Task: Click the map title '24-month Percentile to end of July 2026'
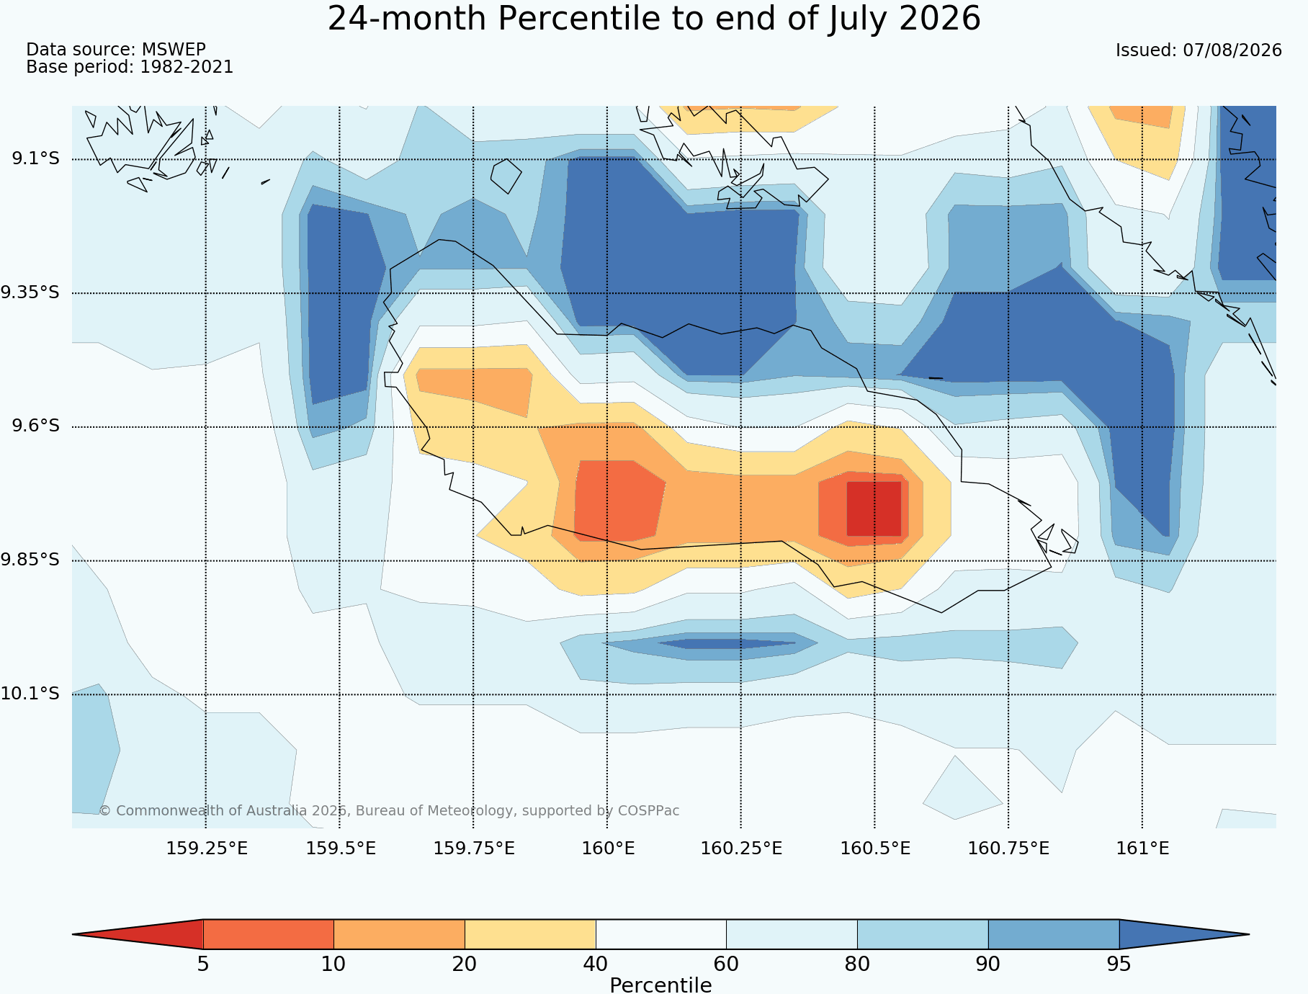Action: pyautogui.click(x=654, y=19)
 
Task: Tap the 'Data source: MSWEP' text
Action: pyautogui.click(x=116, y=49)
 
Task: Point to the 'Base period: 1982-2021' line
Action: pyautogui.click(x=130, y=67)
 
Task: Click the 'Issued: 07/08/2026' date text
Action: pyautogui.click(x=1199, y=50)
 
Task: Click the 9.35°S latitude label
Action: pyautogui.click(x=30, y=292)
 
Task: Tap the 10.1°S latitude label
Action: pyautogui.click(x=30, y=694)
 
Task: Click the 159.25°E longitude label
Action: pyautogui.click(x=207, y=849)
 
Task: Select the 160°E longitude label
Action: pyautogui.click(x=608, y=849)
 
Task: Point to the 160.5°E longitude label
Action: pyautogui.click(x=875, y=849)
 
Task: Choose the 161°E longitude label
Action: pyautogui.click(x=1142, y=849)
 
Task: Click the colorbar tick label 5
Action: pyautogui.click(x=203, y=964)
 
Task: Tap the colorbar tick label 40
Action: pyautogui.click(x=596, y=964)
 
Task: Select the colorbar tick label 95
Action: pyautogui.click(x=1119, y=964)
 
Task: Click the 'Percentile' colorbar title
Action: pyautogui.click(x=660, y=985)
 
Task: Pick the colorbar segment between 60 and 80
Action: pyautogui.click(x=792, y=934)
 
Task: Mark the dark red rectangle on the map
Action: pyautogui.click(x=874, y=509)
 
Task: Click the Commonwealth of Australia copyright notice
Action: pyautogui.click(x=389, y=810)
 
